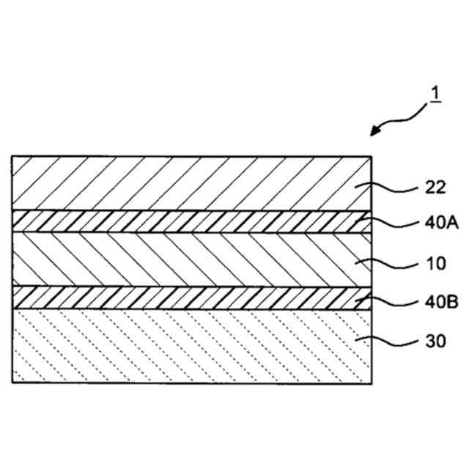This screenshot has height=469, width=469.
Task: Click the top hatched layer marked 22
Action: click(x=183, y=183)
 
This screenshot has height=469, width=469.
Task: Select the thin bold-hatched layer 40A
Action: click(x=183, y=222)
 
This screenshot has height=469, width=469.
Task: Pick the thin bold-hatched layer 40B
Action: click(x=183, y=297)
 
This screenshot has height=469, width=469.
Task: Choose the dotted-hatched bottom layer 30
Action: click(x=183, y=344)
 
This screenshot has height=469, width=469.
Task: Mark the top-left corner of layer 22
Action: click(x=12, y=156)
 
